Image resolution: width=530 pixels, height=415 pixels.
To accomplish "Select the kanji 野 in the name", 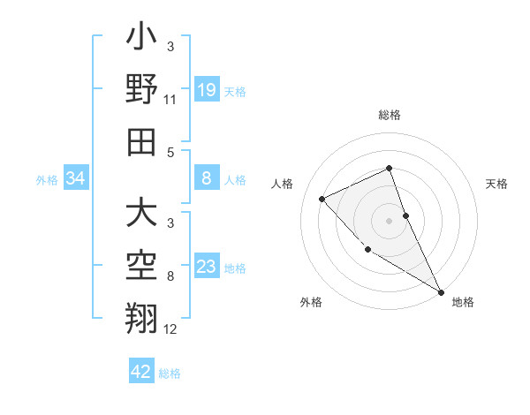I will click(141, 91).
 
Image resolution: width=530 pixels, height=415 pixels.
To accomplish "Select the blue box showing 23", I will click(206, 267).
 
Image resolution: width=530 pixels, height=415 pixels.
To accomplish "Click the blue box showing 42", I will click(141, 372).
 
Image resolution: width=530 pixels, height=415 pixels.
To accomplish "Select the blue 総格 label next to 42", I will click(170, 373).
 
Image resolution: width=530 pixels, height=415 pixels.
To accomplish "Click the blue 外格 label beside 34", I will click(47, 180).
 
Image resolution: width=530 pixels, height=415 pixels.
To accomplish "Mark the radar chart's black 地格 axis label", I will click(463, 302).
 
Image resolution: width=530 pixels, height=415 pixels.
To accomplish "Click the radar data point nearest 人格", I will click(322, 199).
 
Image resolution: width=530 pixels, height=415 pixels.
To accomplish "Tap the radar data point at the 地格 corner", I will click(441, 291).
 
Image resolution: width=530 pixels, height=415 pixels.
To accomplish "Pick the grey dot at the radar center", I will click(389, 220).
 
